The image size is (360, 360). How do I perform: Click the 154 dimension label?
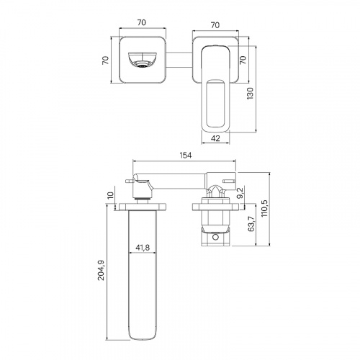186,156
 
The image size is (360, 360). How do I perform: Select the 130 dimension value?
250,94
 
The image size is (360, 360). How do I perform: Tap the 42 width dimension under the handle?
216,138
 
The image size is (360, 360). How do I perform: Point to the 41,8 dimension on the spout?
143,247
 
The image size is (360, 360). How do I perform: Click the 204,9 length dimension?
102,270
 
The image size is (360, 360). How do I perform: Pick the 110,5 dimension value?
265,208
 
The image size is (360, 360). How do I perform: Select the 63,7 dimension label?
251,223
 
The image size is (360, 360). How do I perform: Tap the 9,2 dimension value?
240,193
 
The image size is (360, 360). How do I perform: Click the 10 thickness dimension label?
110,195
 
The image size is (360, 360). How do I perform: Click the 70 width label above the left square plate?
142,22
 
